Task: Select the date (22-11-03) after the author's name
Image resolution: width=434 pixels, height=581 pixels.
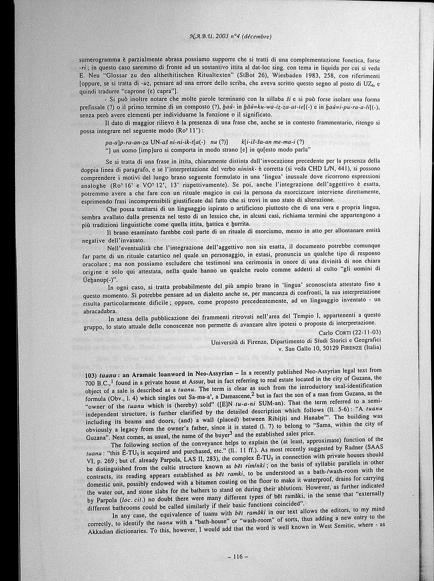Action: [x=367, y=332]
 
